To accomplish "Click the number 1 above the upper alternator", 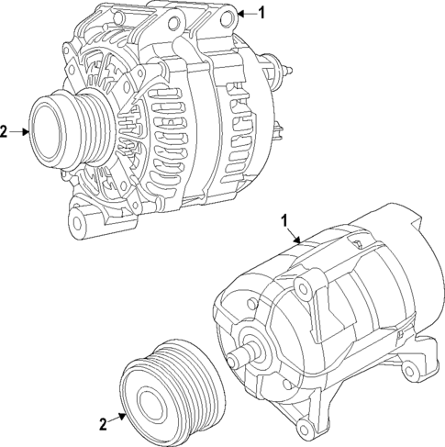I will coord(261,13).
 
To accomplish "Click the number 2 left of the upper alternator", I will coord(5,132).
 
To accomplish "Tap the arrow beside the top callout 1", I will coord(244,13).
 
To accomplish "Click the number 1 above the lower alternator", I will coord(284,220).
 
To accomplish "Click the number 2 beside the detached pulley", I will coord(103,424).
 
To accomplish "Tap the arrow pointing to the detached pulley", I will coord(117,417).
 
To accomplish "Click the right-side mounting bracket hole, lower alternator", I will coord(409,371).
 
